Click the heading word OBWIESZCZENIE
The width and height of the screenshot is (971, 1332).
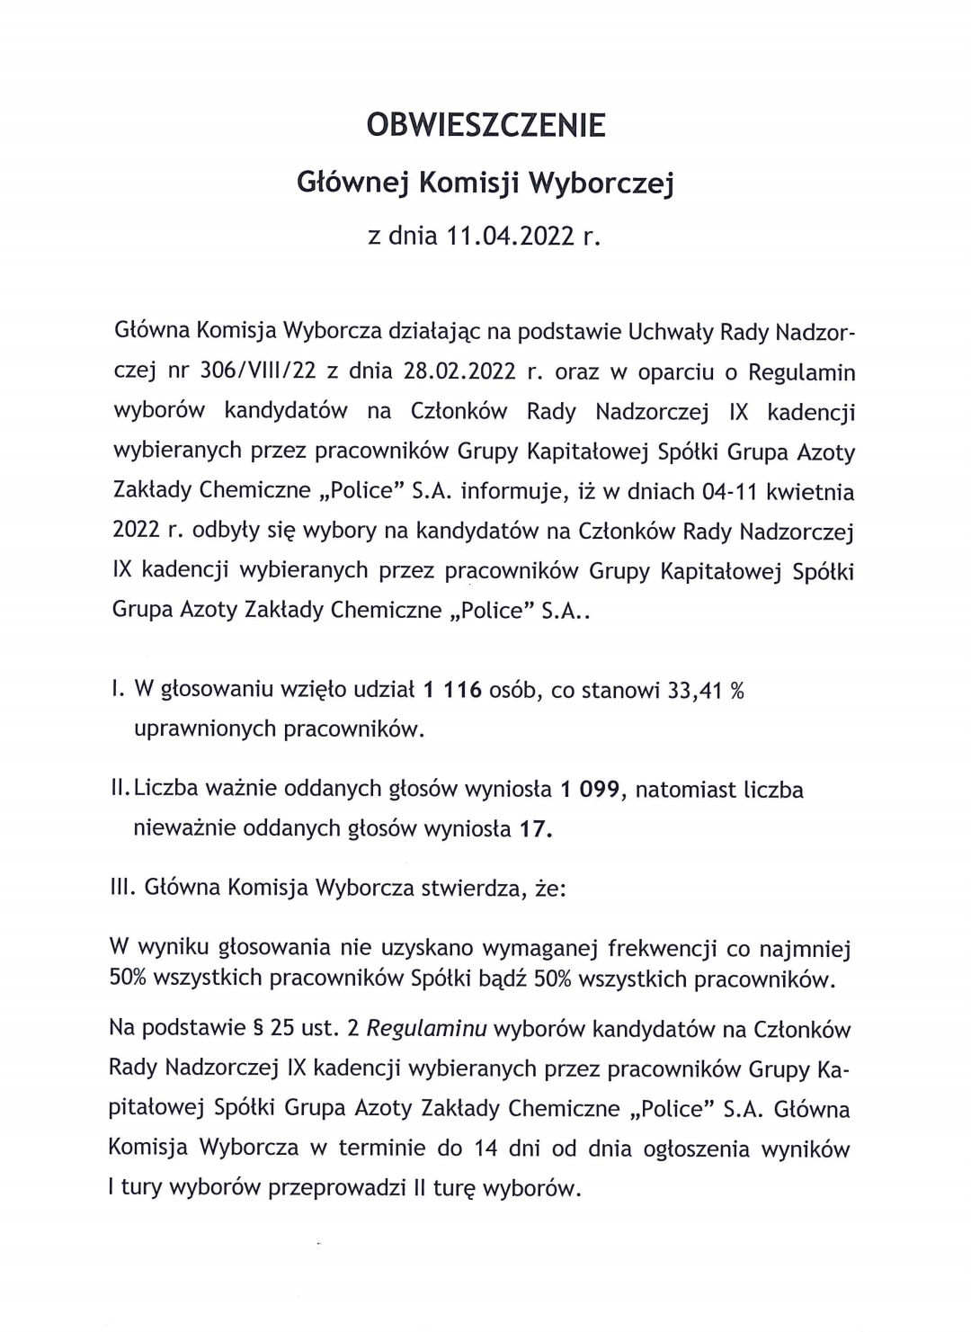pos(485,125)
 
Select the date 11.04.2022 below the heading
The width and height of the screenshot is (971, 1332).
pos(512,237)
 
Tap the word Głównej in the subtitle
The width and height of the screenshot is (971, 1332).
pos(353,183)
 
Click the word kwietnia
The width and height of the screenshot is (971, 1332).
pos(810,492)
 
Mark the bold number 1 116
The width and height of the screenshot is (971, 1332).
pos(452,690)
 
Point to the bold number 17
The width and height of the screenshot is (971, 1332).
pos(535,828)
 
